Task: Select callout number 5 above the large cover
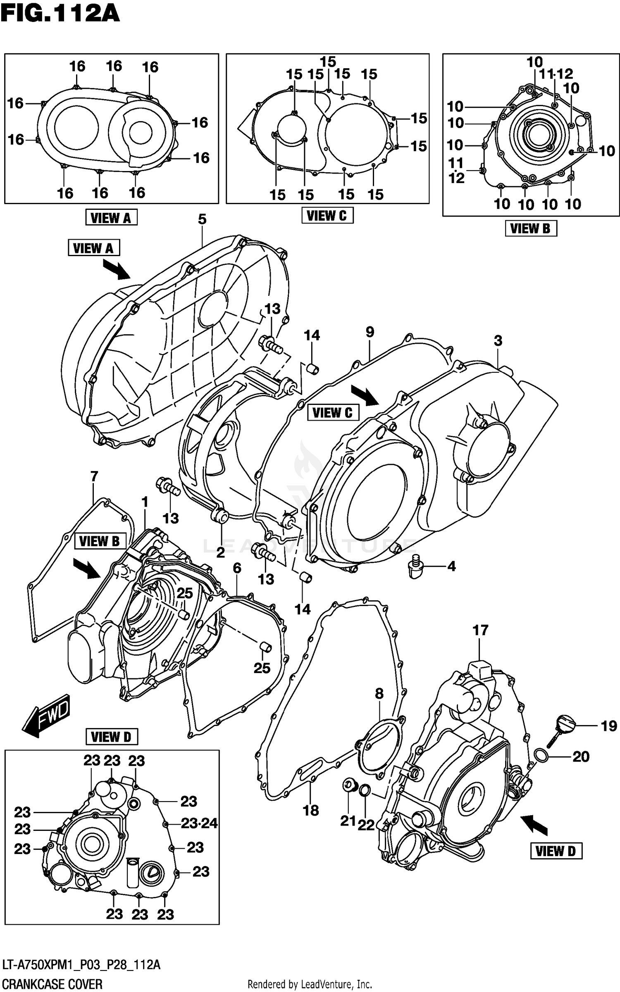[x=202, y=219]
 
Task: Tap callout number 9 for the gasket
[x=370, y=332]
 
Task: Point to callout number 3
[x=498, y=341]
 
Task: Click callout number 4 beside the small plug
[x=451, y=566]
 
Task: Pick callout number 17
[x=480, y=630]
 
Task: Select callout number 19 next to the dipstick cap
[x=608, y=726]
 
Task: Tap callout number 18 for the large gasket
[x=311, y=810]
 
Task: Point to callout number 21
[x=348, y=821]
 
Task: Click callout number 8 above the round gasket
[x=379, y=694]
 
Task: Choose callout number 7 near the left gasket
[x=94, y=476]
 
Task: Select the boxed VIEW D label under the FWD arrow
[x=112, y=737]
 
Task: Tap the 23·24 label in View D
[x=199, y=823]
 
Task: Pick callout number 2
[x=221, y=552]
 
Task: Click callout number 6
[x=237, y=568]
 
